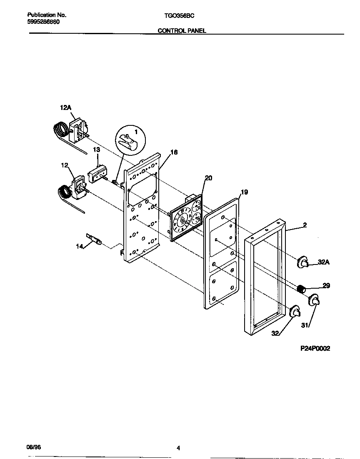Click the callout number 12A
tap(66, 108)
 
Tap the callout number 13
tap(96, 150)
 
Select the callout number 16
tap(174, 152)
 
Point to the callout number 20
tap(208, 178)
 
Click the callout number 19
tap(244, 192)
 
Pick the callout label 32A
tap(324, 262)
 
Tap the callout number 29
tap(326, 286)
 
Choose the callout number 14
tap(80, 247)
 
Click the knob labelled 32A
tap(302, 262)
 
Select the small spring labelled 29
tap(301, 288)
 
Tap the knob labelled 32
tap(295, 311)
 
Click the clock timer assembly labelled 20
tap(186, 219)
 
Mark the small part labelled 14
tap(94, 239)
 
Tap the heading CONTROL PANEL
tap(182, 31)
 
